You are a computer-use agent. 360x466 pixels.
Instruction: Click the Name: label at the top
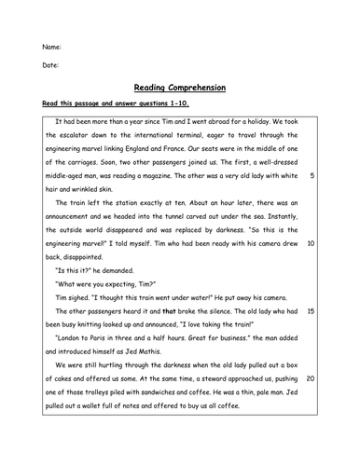coord(51,46)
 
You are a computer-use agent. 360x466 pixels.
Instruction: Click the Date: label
coord(50,65)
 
